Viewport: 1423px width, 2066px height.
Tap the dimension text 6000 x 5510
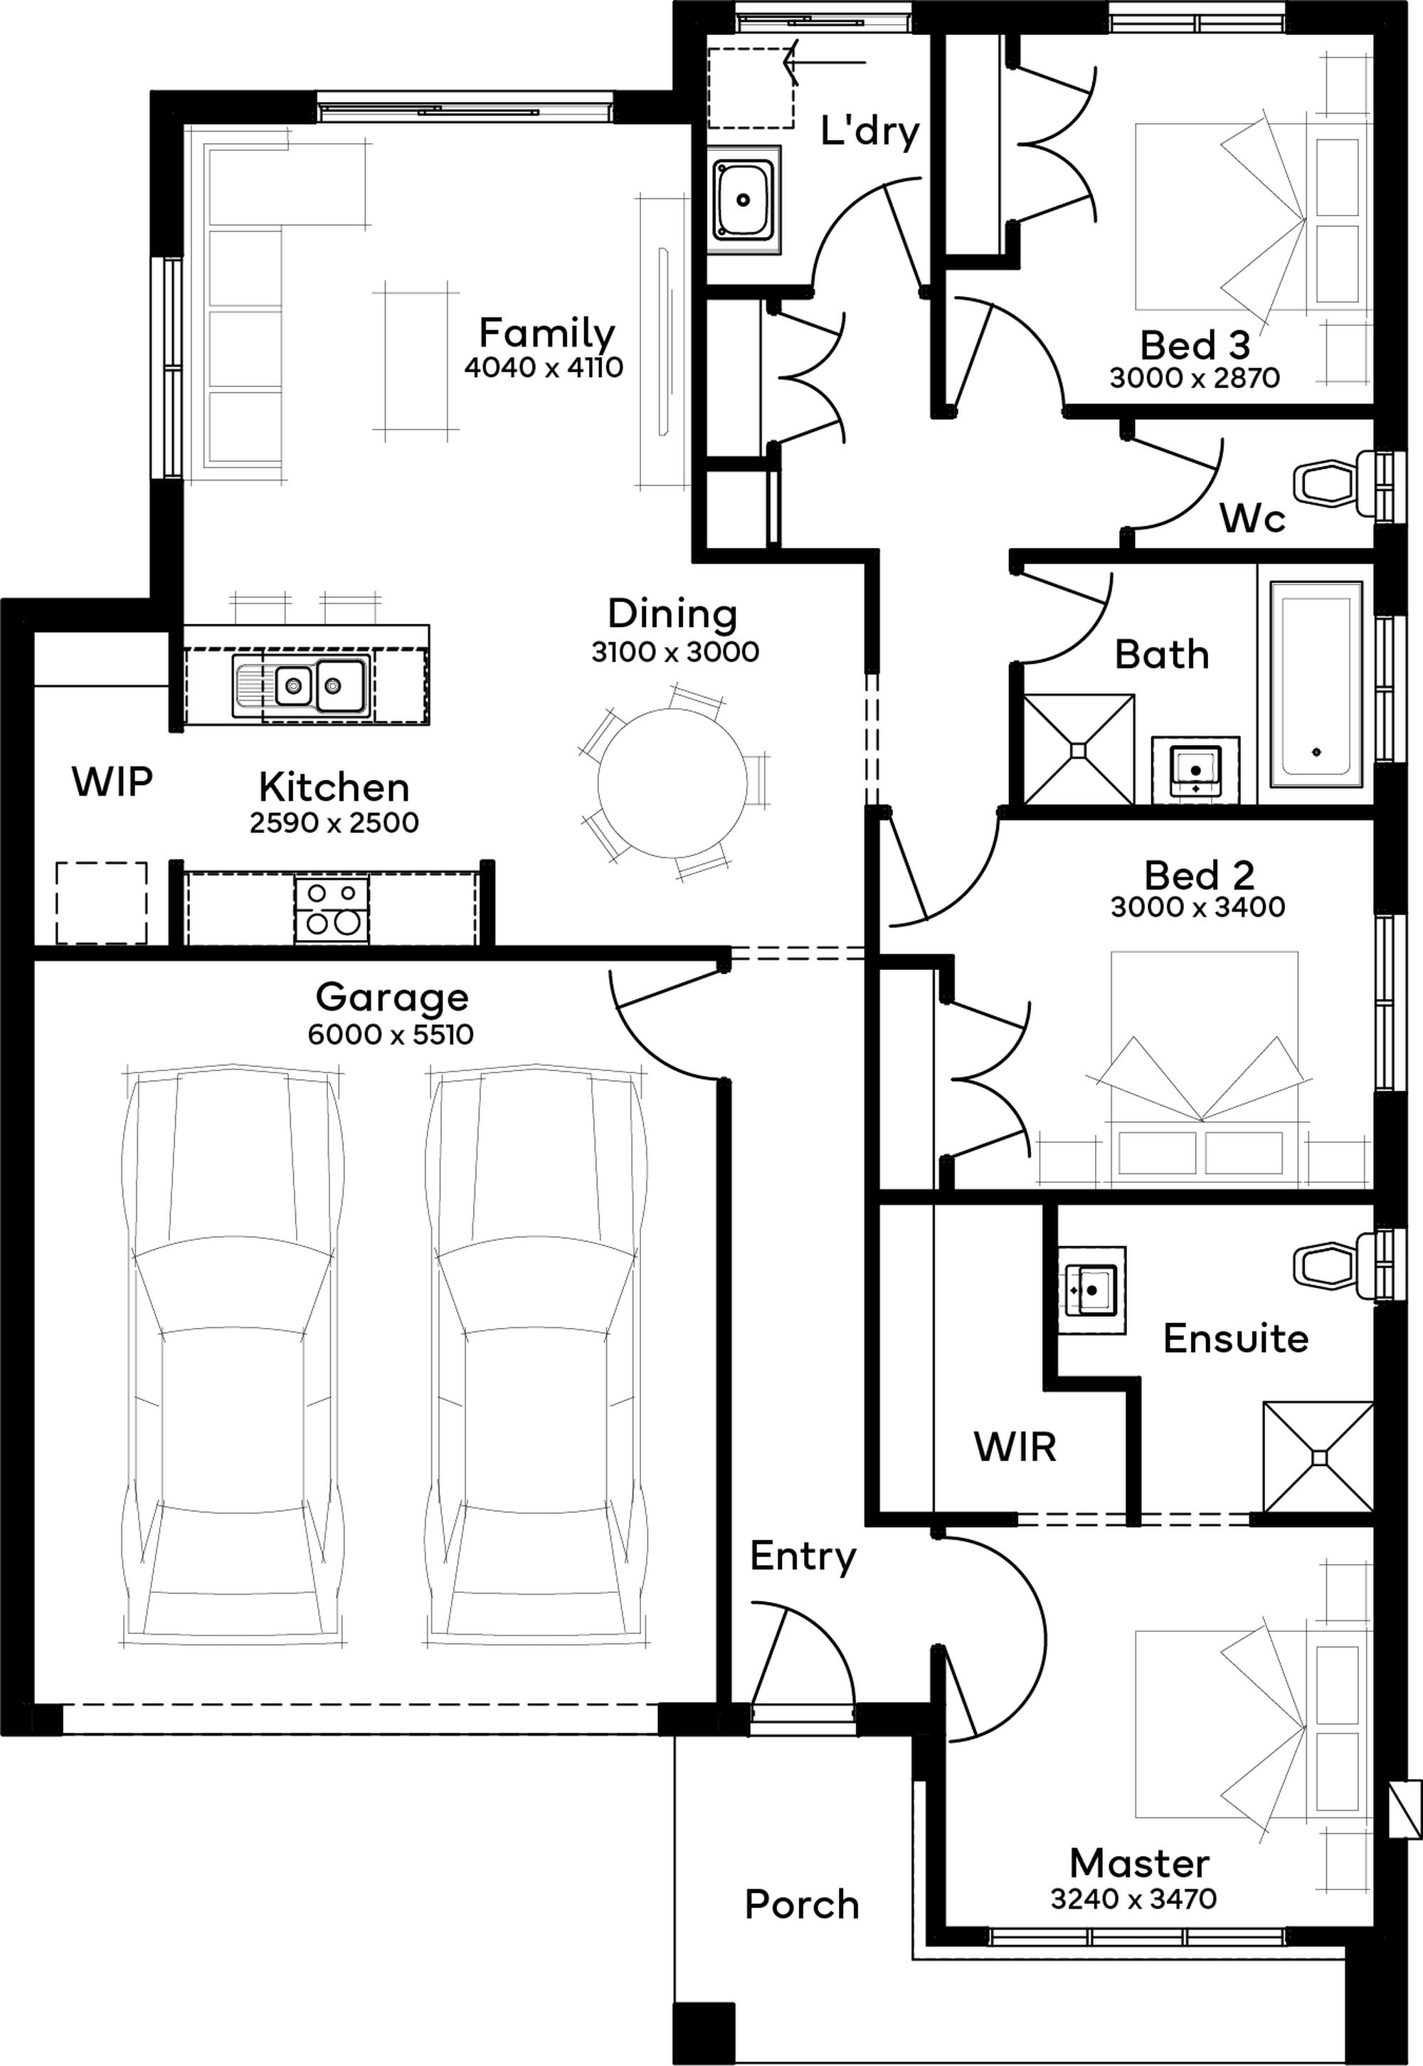point(391,1034)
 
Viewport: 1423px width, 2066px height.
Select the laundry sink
point(744,201)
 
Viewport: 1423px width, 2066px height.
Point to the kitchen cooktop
point(331,910)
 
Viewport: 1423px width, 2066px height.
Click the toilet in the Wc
point(1335,483)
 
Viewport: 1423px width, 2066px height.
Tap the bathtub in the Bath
point(1317,684)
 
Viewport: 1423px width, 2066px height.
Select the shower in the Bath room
point(1079,749)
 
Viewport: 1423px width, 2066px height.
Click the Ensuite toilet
point(1335,1265)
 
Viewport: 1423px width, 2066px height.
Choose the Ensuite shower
point(1318,1456)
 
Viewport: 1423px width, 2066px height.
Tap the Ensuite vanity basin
point(1091,1290)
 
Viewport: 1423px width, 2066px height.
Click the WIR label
point(1015,1446)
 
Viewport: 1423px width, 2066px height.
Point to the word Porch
point(802,1904)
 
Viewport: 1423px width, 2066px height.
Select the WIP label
point(112,781)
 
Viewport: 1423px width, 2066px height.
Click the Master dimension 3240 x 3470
point(1133,1898)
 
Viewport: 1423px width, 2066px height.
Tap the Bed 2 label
point(1199,875)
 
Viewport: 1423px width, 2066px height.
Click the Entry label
point(803,1580)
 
